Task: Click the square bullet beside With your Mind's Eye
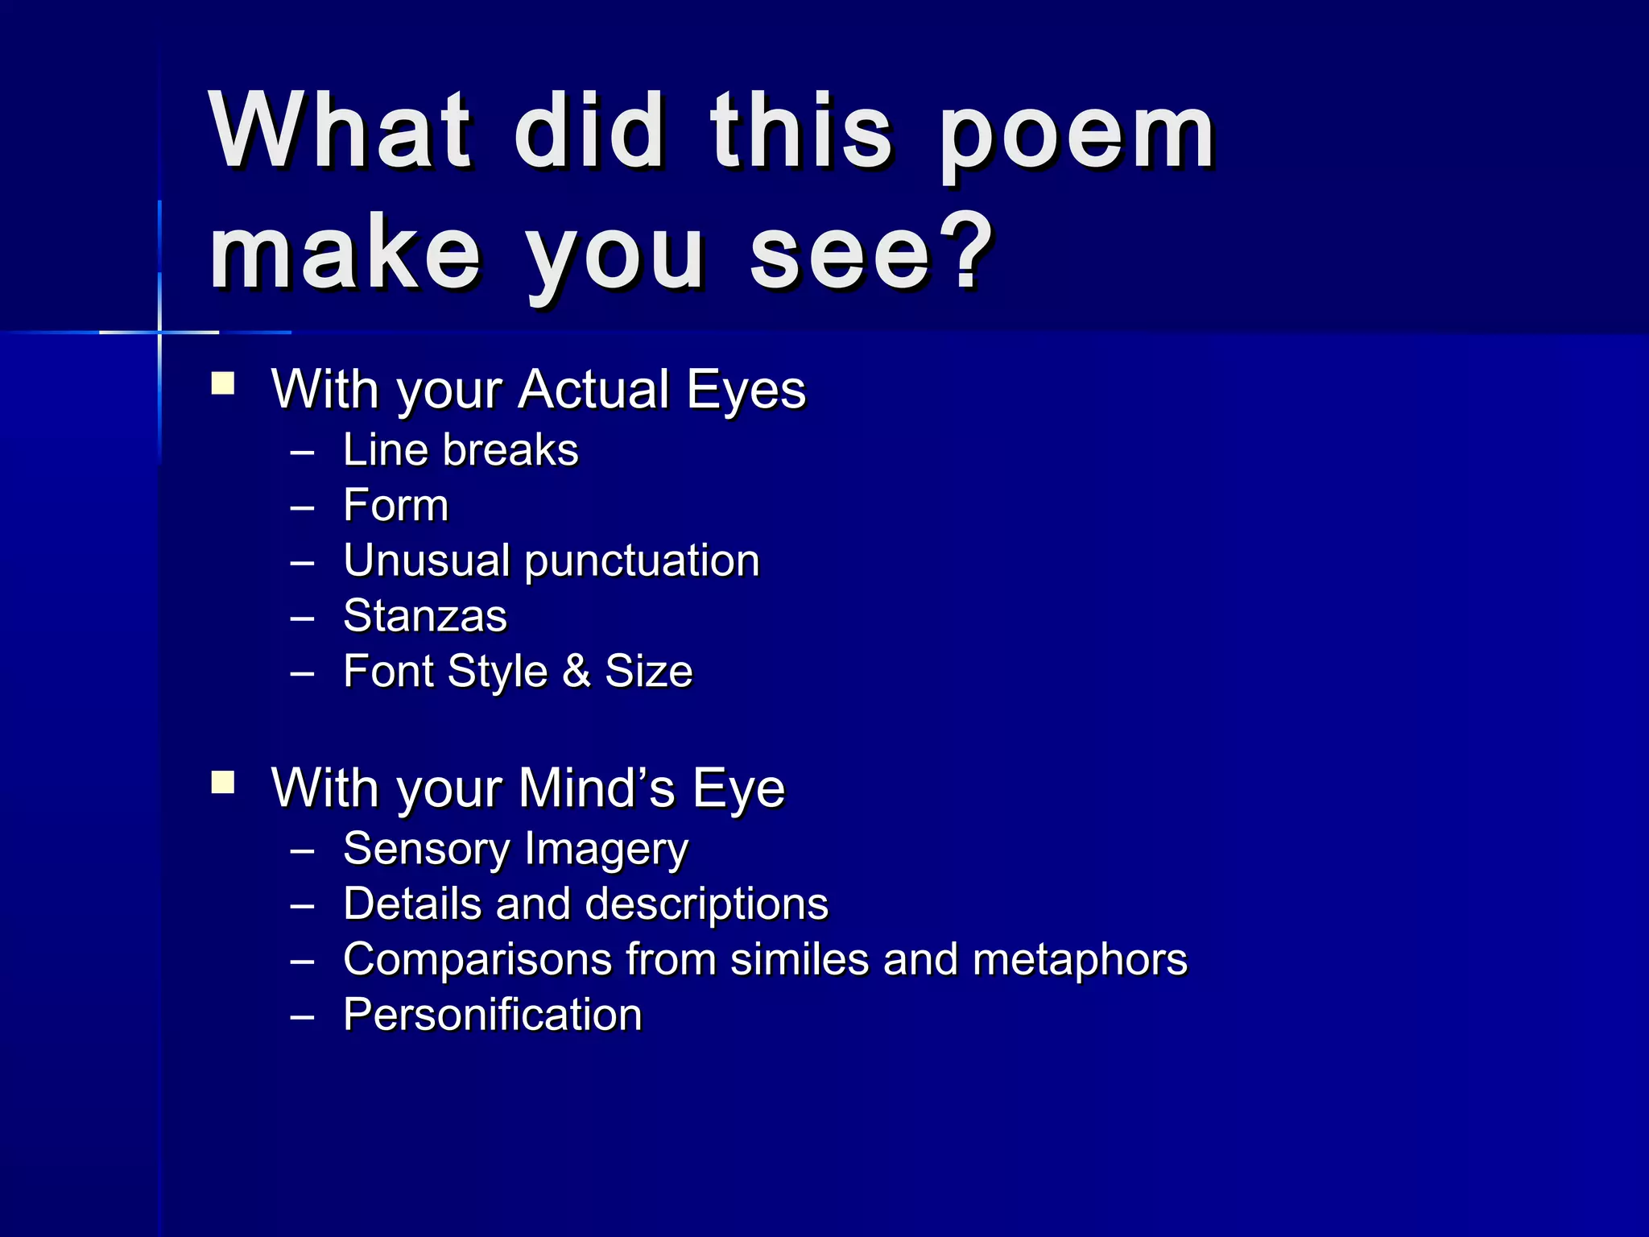(222, 782)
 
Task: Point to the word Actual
(594, 390)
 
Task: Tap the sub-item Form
(395, 506)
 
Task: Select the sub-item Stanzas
(425, 617)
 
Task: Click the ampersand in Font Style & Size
(576, 672)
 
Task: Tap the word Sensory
(426, 850)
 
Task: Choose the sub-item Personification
(492, 1015)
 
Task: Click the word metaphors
(1080, 960)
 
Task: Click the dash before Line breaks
(302, 453)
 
